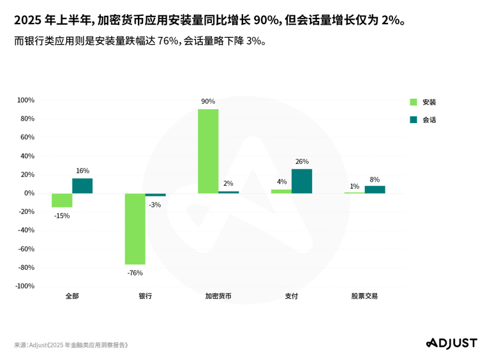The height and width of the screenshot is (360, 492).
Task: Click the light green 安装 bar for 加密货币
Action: [208, 151]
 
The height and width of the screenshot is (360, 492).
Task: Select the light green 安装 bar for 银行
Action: [135, 229]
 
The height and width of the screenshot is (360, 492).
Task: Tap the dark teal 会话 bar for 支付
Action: [302, 181]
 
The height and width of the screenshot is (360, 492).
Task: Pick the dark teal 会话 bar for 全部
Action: [82, 186]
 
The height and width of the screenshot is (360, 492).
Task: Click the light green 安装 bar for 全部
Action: [62, 200]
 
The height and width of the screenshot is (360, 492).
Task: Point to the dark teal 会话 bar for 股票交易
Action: [375, 190]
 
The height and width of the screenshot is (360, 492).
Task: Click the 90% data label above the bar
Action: [208, 101]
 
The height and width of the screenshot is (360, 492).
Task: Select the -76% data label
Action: [135, 273]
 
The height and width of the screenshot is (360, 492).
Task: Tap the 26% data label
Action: [302, 161]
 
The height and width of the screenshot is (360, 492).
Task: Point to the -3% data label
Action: [155, 205]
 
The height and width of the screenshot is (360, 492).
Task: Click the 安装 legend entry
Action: [424, 102]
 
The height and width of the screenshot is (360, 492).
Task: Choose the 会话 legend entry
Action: [424, 119]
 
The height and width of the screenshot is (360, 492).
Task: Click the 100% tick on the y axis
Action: [26, 100]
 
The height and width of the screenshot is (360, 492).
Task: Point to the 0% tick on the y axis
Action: [29, 193]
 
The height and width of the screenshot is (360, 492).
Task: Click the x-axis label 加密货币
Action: [218, 296]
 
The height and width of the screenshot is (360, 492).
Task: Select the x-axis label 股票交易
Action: [364, 296]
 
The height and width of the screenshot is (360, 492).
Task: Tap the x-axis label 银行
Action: [145, 296]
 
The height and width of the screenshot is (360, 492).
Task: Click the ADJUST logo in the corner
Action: [451, 343]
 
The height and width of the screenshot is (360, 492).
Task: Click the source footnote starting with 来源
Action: [71, 345]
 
